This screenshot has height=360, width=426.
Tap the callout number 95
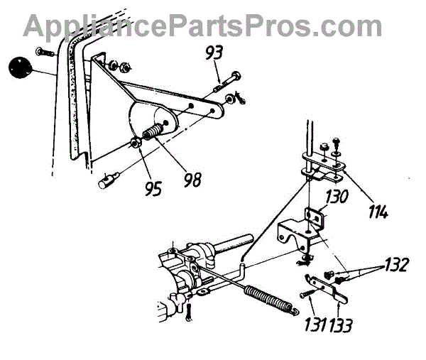[153, 188]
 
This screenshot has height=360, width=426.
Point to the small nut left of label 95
[133, 146]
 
